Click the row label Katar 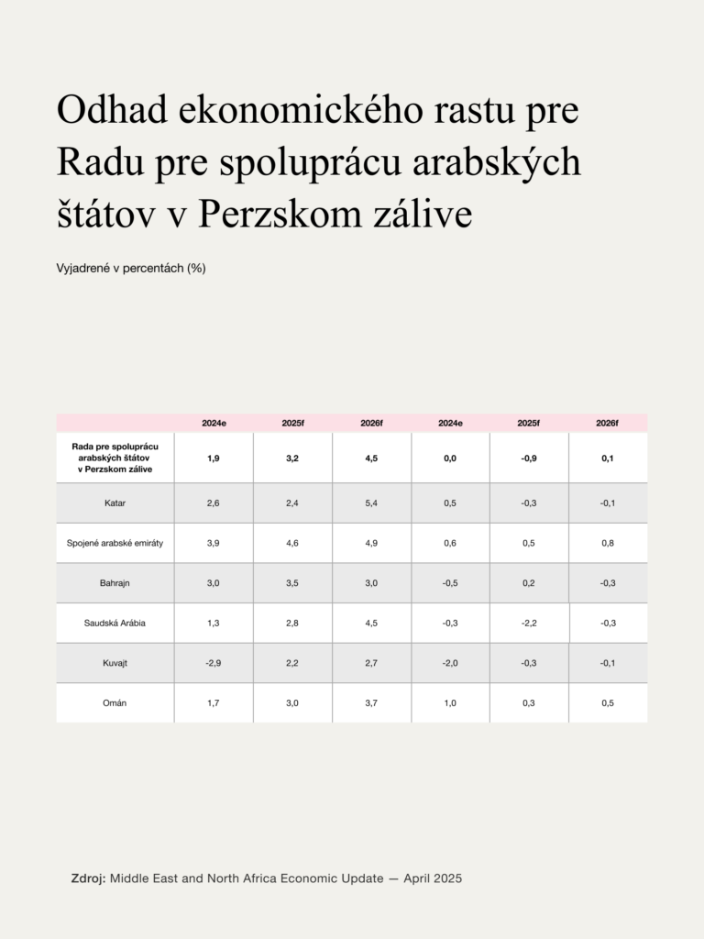pyautogui.click(x=115, y=503)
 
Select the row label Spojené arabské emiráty pyautogui.click(x=115, y=543)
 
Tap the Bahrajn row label pyautogui.click(x=115, y=583)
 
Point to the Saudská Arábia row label pyautogui.click(x=115, y=624)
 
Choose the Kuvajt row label pyautogui.click(x=115, y=663)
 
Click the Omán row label pyautogui.click(x=115, y=703)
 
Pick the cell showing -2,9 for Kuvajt pyautogui.click(x=214, y=663)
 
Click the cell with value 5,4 pyautogui.click(x=371, y=503)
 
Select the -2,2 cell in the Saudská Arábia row pyautogui.click(x=529, y=624)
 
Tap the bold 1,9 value pyautogui.click(x=214, y=458)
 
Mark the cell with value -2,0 pyautogui.click(x=450, y=663)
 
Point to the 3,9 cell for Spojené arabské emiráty pyautogui.click(x=214, y=543)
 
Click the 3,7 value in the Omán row pyautogui.click(x=371, y=703)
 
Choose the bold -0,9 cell pyautogui.click(x=529, y=458)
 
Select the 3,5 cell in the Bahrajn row pyautogui.click(x=292, y=583)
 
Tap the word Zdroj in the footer pyautogui.click(x=89, y=878)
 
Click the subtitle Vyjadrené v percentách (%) pyautogui.click(x=130, y=269)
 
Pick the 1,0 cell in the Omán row pyautogui.click(x=450, y=703)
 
